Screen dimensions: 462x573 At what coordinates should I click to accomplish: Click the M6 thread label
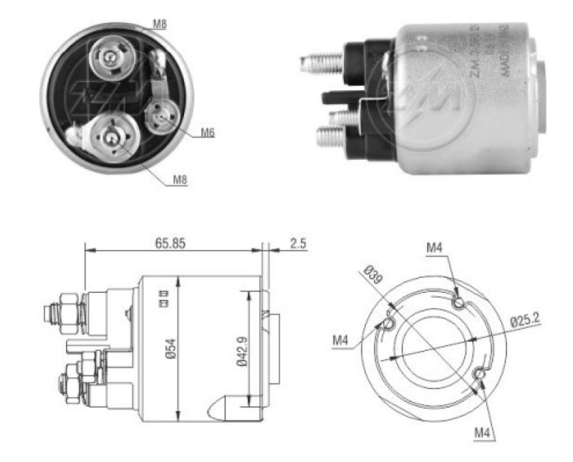(x=207, y=132)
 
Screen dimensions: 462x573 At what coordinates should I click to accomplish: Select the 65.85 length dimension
(x=170, y=243)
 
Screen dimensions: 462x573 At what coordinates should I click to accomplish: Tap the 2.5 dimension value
(x=297, y=243)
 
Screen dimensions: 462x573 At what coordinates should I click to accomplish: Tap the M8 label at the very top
(x=160, y=24)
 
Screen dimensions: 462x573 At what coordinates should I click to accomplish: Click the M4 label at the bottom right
(x=483, y=433)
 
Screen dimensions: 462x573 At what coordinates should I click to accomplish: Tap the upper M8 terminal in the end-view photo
(x=108, y=54)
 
